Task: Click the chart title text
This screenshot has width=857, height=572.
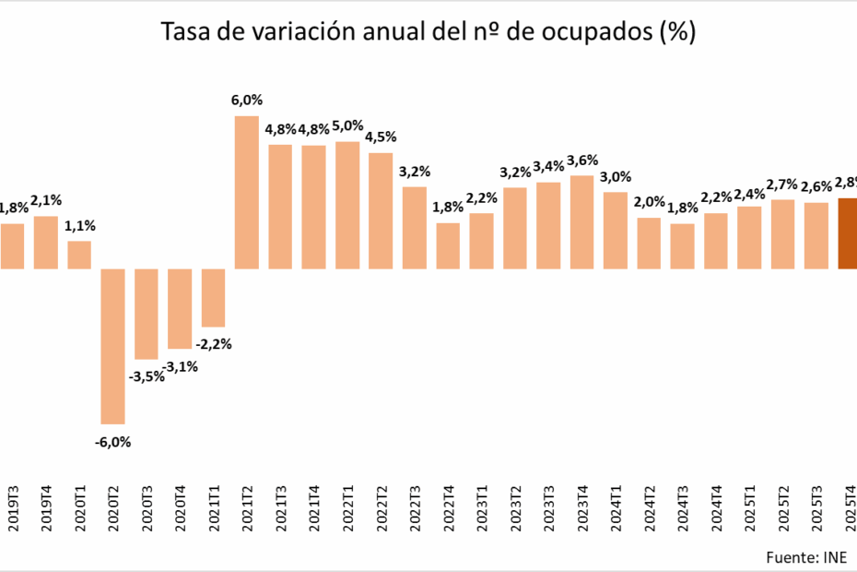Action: pyautogui.click(x=428, y=32)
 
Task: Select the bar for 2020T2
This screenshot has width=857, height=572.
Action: pyautogui.click(x=113, y=346)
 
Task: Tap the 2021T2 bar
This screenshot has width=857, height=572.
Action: pyautogui.click(x=247, y=192)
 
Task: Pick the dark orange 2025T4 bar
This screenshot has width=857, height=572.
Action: pyautogui.click(x=848, y=233)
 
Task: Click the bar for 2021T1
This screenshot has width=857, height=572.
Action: pyautogui.click(x=214, y=298)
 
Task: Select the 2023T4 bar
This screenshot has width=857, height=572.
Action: pyautogui.click(x=581, y=222)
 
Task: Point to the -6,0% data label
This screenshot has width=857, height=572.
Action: pyautogui.click(x=113, y=441)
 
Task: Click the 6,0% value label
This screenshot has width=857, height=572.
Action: pyautogui.click(x=247, y=101)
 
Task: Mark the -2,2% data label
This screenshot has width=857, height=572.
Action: pyautogui.click(x=214, y=344)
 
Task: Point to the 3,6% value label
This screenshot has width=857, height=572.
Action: pyautogui.click(x=581, y=160)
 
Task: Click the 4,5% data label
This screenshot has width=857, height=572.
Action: pyautogui.click(x=381, y=137)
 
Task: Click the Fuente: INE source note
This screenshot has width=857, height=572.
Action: pyautogui.click(x=810, y=557)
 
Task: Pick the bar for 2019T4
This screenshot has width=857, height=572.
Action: pyautogui.click(x=46, y=243)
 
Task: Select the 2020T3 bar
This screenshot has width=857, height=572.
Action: pyautogui.click(x=147, y=314)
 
